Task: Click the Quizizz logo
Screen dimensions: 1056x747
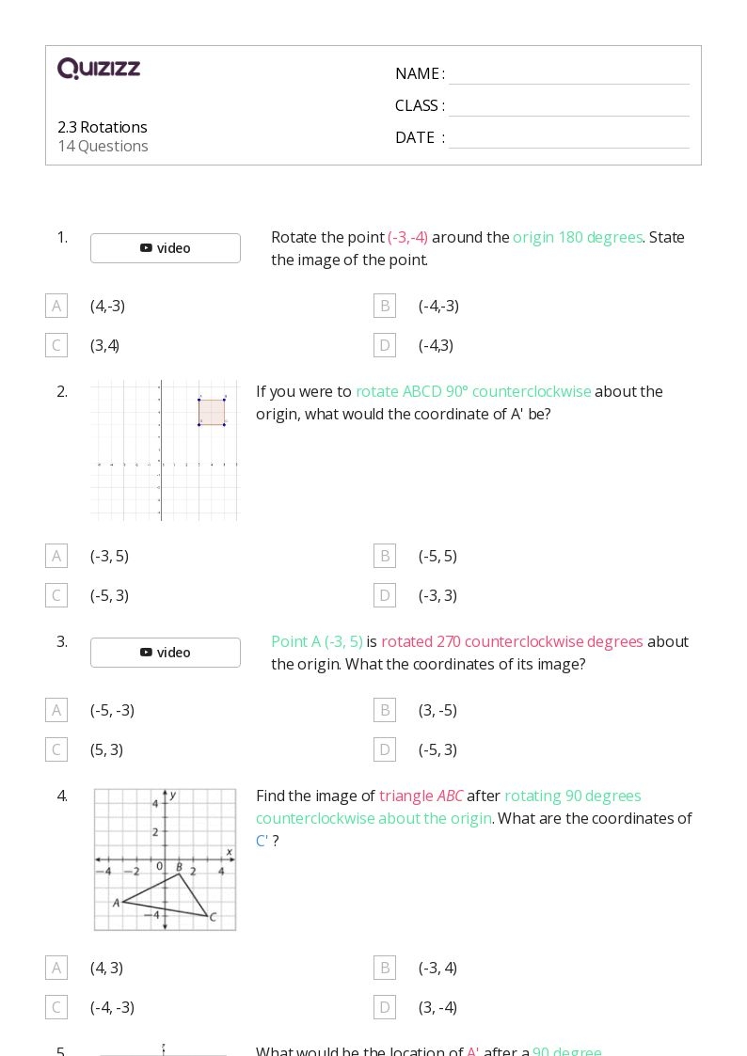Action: (x=99, y=69)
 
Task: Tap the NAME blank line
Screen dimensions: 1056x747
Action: (x=568, y=75)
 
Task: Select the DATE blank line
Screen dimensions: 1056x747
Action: (x=568, y=139)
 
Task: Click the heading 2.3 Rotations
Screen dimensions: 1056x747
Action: (x=103, y=127)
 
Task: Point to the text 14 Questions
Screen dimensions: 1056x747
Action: (x=103, y=146)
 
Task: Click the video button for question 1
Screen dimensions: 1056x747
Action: (x=166, y=248)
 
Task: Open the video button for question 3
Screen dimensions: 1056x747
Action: (x=166, y=653)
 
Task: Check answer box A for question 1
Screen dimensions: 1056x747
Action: (x=56, y=306)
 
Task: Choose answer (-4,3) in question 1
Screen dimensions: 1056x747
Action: (x=436, y=345)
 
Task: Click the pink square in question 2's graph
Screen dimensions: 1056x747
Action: (x=212, y=412)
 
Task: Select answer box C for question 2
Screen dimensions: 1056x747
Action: (x=56, y=595)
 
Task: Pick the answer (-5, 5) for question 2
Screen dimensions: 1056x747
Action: (x=437, y=556)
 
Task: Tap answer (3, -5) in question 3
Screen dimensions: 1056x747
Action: (x=437, y=710)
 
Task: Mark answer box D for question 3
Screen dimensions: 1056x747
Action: (x=385, y=749)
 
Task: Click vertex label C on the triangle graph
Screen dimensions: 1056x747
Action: (x=214, y=918)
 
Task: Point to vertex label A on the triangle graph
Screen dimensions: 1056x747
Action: (x=117, y=903)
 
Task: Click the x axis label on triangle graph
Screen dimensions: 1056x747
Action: (x=229, y=852)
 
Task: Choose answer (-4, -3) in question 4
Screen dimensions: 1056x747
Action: (x=112, y=1007)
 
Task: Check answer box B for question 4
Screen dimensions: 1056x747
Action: (x=385, y=968)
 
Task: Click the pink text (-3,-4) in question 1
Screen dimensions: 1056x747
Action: (x=407, y=237)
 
